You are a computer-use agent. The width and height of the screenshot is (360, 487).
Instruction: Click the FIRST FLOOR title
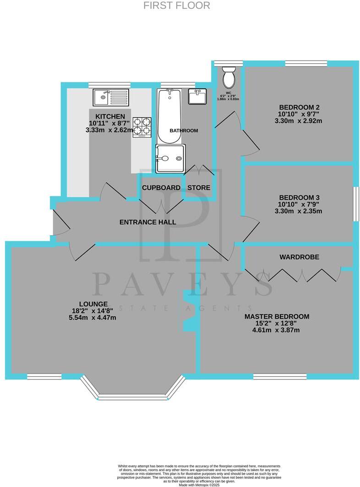(177, 5)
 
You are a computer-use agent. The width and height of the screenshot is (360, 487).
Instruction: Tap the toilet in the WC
(228, 77)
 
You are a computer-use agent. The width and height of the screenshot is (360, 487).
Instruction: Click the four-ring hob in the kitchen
(142, 127)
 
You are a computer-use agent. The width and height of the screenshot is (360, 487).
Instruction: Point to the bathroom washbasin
(197, 97)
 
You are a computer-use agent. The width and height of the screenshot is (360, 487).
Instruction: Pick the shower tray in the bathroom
(171, 158)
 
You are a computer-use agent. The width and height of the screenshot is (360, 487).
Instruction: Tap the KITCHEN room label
(110, 116)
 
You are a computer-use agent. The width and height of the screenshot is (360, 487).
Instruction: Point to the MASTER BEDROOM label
(277, 316)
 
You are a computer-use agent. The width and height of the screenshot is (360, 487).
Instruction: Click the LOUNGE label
(93, 303)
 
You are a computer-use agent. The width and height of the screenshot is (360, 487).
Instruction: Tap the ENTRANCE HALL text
(147, 222)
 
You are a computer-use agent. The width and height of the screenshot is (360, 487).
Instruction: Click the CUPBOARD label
(161, 188)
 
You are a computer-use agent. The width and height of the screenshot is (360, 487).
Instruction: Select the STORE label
(199, 188)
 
